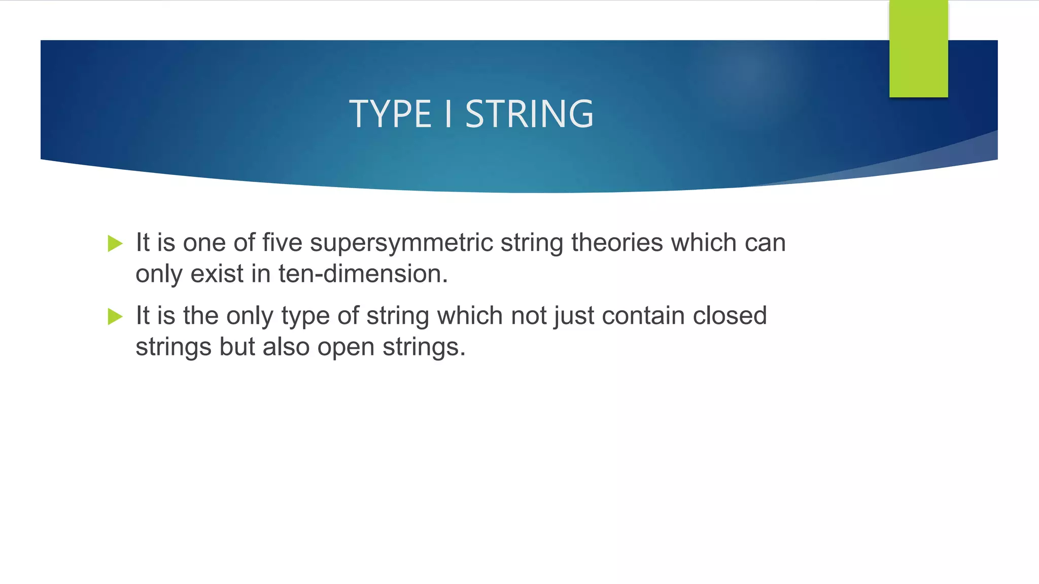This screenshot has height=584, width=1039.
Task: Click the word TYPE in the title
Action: pos(390,114)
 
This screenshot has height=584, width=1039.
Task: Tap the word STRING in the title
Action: pos(529,114)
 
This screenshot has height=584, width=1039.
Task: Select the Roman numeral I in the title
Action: pos(448,114)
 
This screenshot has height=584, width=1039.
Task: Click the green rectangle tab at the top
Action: pos(918,49)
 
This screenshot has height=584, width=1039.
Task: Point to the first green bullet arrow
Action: pos(115,244)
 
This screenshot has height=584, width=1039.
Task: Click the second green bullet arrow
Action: pos(115,317)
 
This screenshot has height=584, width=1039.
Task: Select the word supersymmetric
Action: pos(401,243)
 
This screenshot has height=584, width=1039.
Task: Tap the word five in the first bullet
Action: pos(282,243)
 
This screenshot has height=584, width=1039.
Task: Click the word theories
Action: pos(617,243)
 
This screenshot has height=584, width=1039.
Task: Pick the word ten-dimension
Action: pos(363,274)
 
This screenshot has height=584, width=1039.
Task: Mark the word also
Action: pos(286,347)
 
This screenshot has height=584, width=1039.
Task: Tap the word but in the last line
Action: pos(237,347)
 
